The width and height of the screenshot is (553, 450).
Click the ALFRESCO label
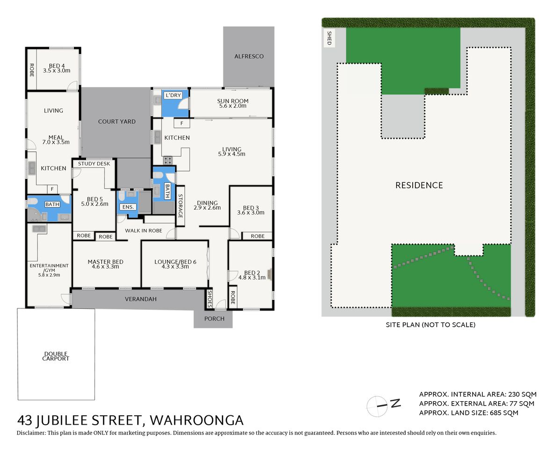click(x=249, y=56)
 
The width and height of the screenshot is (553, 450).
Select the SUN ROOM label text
click(x=233, y=101)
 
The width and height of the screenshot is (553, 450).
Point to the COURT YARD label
click(x=116, y=121)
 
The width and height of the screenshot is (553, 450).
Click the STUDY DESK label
click(x=94, y=164)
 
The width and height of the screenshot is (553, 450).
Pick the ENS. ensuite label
click(x=128, y=207)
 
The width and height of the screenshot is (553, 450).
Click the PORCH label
click(x=214, y=319)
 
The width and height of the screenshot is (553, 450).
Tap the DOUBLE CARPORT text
click(x=56, y=356)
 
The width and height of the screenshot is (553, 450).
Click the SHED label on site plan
click(x=329, y=37)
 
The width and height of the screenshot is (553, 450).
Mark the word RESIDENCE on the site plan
click(x=419, y=185)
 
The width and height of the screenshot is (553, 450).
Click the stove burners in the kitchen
click(x=167, y=160)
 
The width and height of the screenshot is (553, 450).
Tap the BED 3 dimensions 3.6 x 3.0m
click(x=251, y=212)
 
